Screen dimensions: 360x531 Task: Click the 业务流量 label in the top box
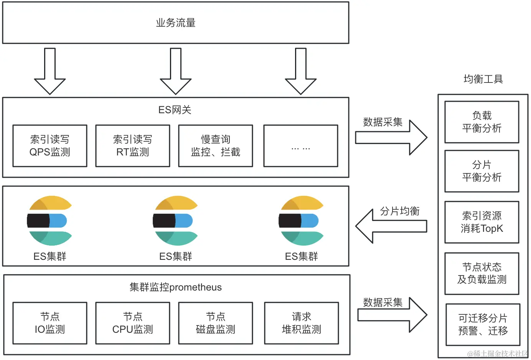176,23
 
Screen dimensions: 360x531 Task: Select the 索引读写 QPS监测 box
50,146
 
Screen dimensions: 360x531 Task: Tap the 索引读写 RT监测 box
133,146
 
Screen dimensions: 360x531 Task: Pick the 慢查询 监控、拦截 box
216,146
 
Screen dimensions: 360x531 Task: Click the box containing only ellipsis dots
301,146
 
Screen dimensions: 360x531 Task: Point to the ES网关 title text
175,110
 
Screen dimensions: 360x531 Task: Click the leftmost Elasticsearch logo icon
49,221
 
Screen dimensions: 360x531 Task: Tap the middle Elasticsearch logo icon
175,221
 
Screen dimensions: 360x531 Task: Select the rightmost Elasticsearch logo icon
301,221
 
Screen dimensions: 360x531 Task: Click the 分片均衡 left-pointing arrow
391,226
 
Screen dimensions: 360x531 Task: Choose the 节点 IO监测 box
50,323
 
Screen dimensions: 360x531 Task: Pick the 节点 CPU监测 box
133,323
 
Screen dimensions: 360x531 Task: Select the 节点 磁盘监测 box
216,323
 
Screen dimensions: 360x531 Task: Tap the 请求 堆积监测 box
302,323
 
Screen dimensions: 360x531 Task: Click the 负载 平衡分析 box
482,122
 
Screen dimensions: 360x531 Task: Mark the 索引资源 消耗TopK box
482,222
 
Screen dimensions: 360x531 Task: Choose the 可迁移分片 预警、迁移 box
483,325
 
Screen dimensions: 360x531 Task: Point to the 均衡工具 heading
483,79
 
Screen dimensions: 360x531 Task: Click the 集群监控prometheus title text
176,287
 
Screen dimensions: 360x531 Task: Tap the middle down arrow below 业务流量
176,71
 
